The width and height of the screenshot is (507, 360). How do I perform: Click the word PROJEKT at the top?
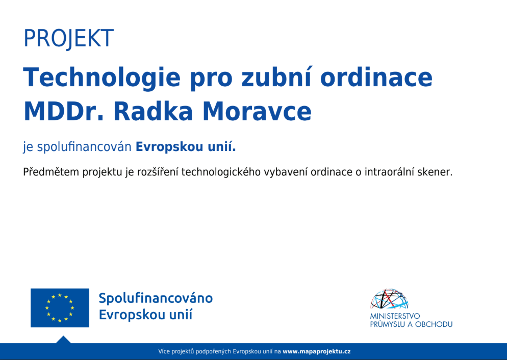click(x=68, y=38)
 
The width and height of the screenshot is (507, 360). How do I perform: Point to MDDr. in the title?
click(x=64, y=111)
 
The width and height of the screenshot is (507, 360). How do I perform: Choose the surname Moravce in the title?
click(x=257, y=111)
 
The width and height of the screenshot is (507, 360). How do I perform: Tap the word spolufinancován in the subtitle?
click(x=84, y=147)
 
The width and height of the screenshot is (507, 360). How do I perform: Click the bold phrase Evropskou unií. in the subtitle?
click(x=186, y=147)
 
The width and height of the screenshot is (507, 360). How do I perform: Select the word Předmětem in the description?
click(x=51, y=172)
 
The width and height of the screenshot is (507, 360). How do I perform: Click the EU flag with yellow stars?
click(x=60, y=307)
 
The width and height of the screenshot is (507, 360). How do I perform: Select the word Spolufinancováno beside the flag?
click(x=156, y=298)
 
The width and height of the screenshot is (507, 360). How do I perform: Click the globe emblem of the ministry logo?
click(x=389, y=299)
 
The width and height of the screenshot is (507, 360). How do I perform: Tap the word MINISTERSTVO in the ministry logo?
click(x=395, y=316)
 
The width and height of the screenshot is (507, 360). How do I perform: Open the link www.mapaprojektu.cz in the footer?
click(x=317, y=352)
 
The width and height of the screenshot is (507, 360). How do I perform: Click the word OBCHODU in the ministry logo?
click(x=434, y=324)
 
